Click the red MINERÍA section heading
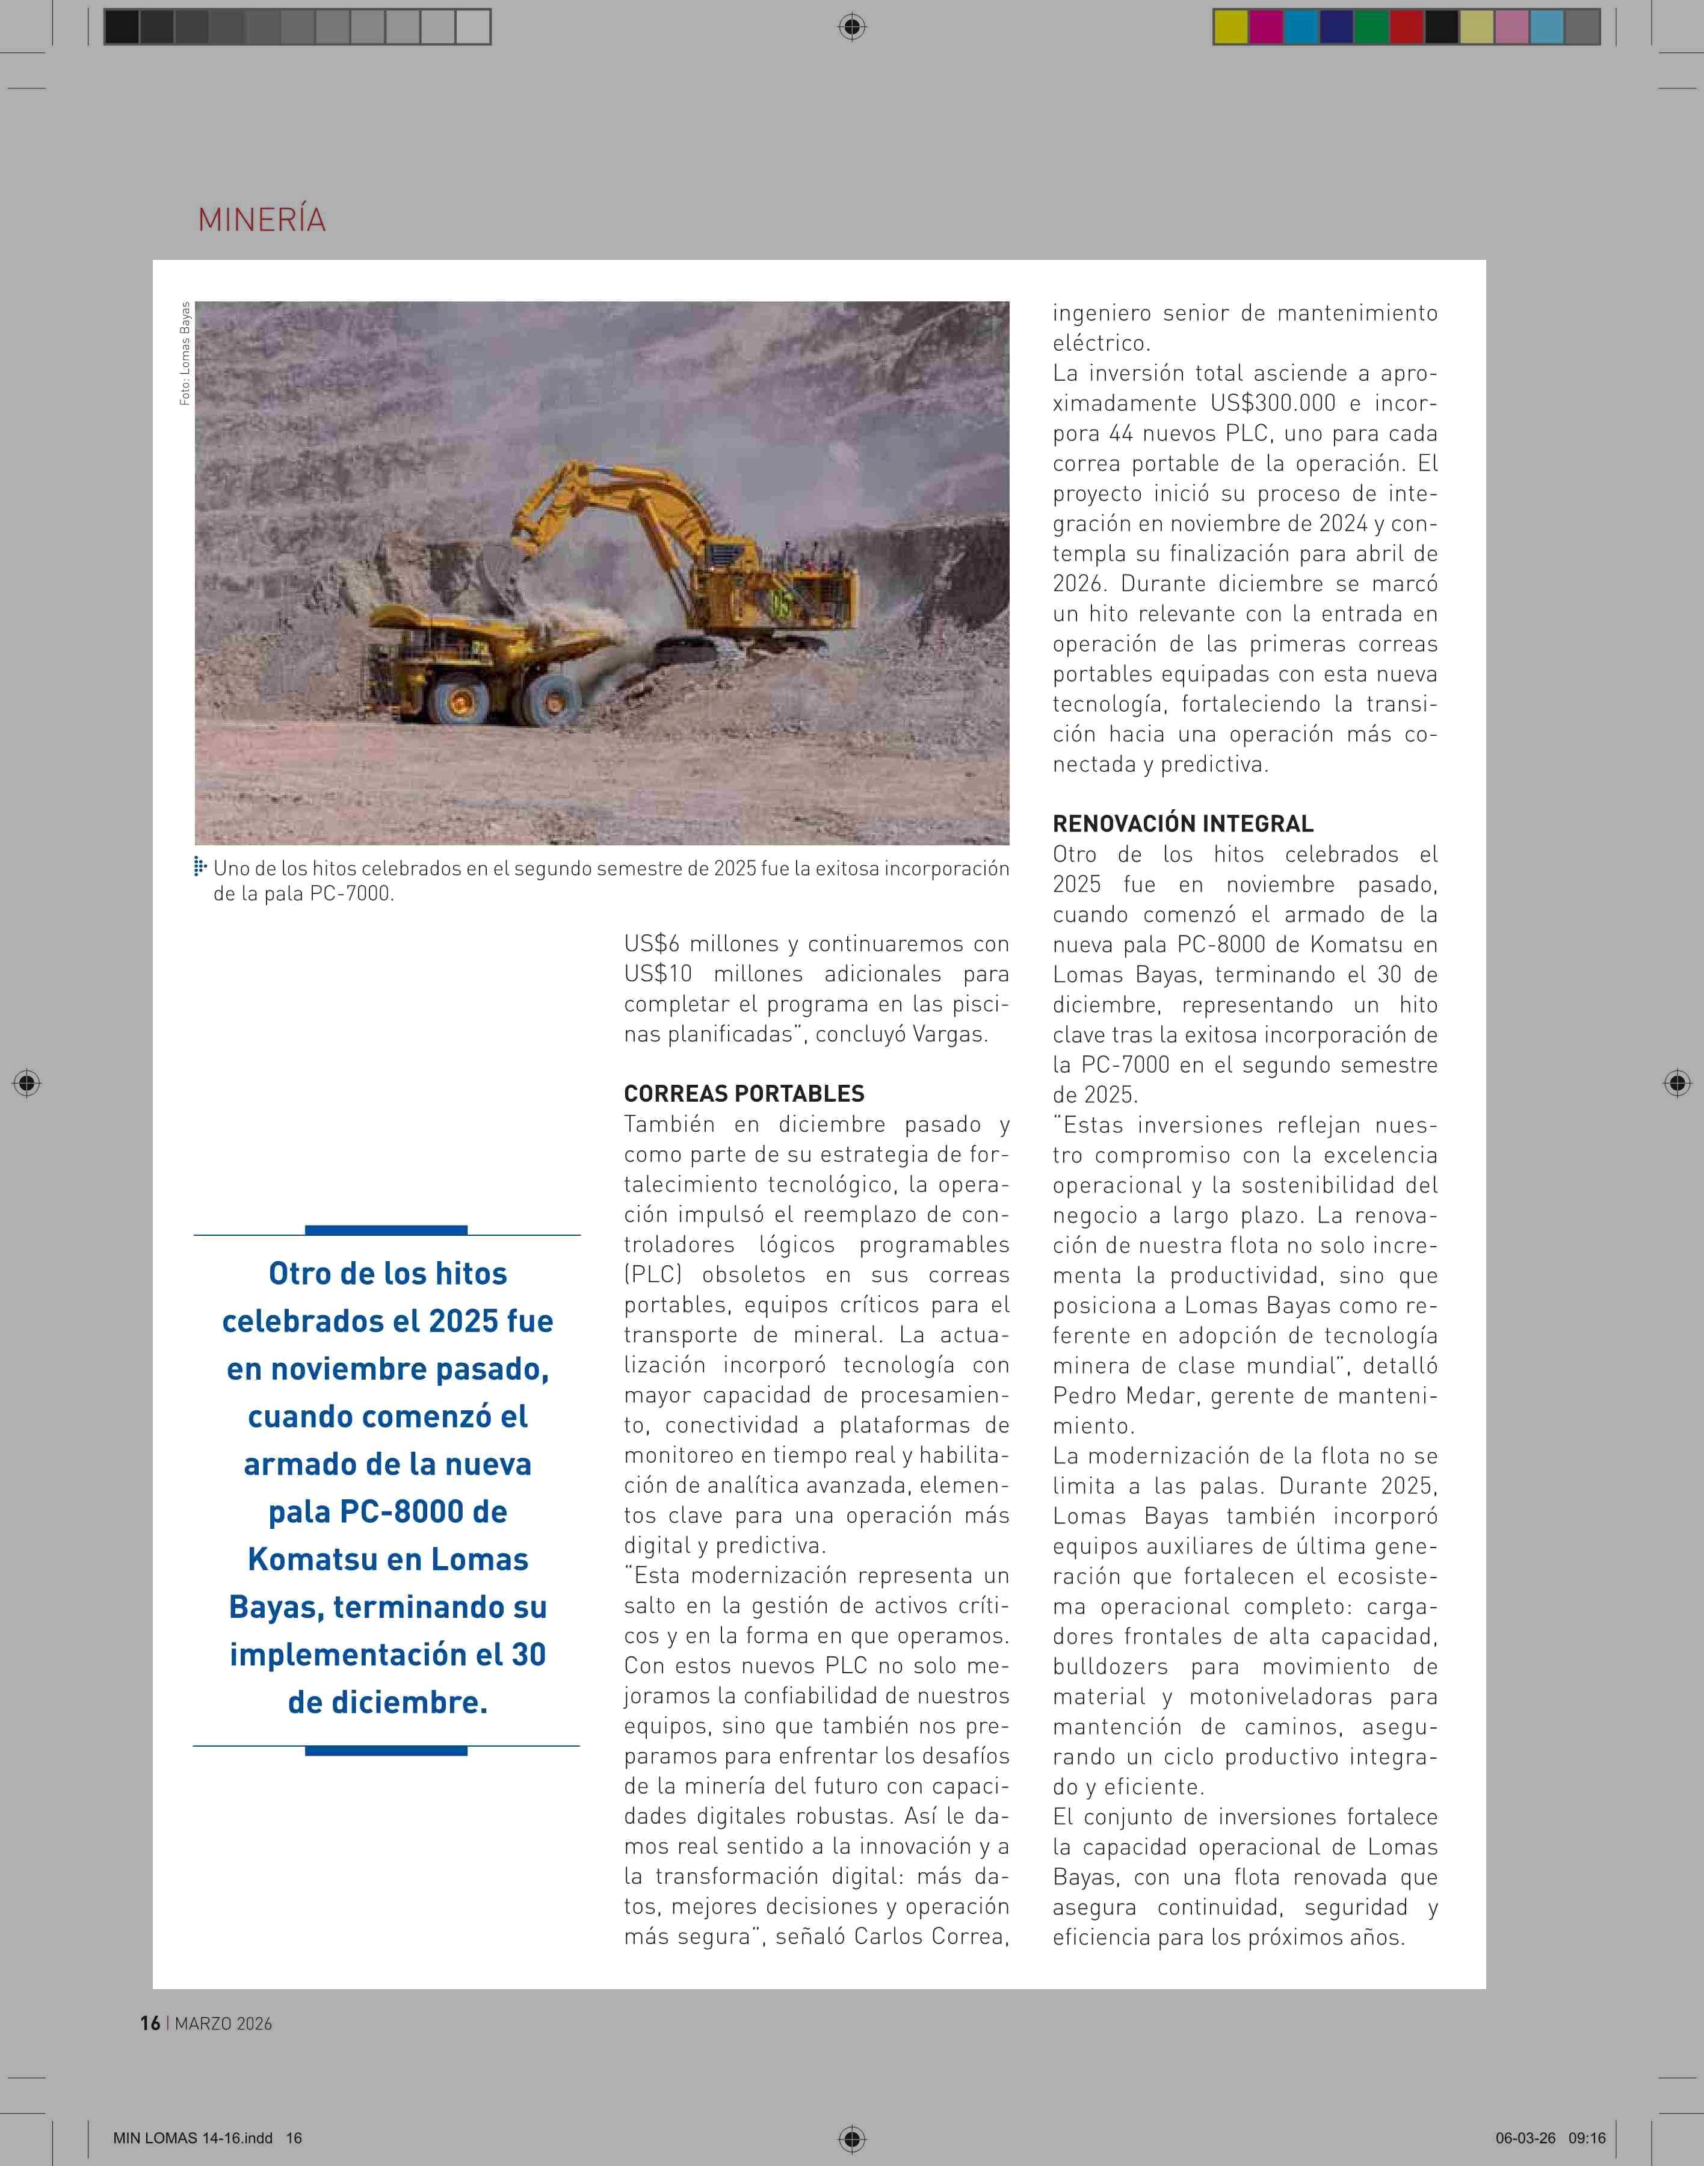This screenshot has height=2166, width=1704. (x=261, y=220)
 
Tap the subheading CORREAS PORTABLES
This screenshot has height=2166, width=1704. (x=743, y=1093)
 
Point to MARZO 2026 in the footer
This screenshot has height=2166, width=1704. (x=223, y=2023)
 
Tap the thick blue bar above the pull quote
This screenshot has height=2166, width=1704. (x=386, y=1230)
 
